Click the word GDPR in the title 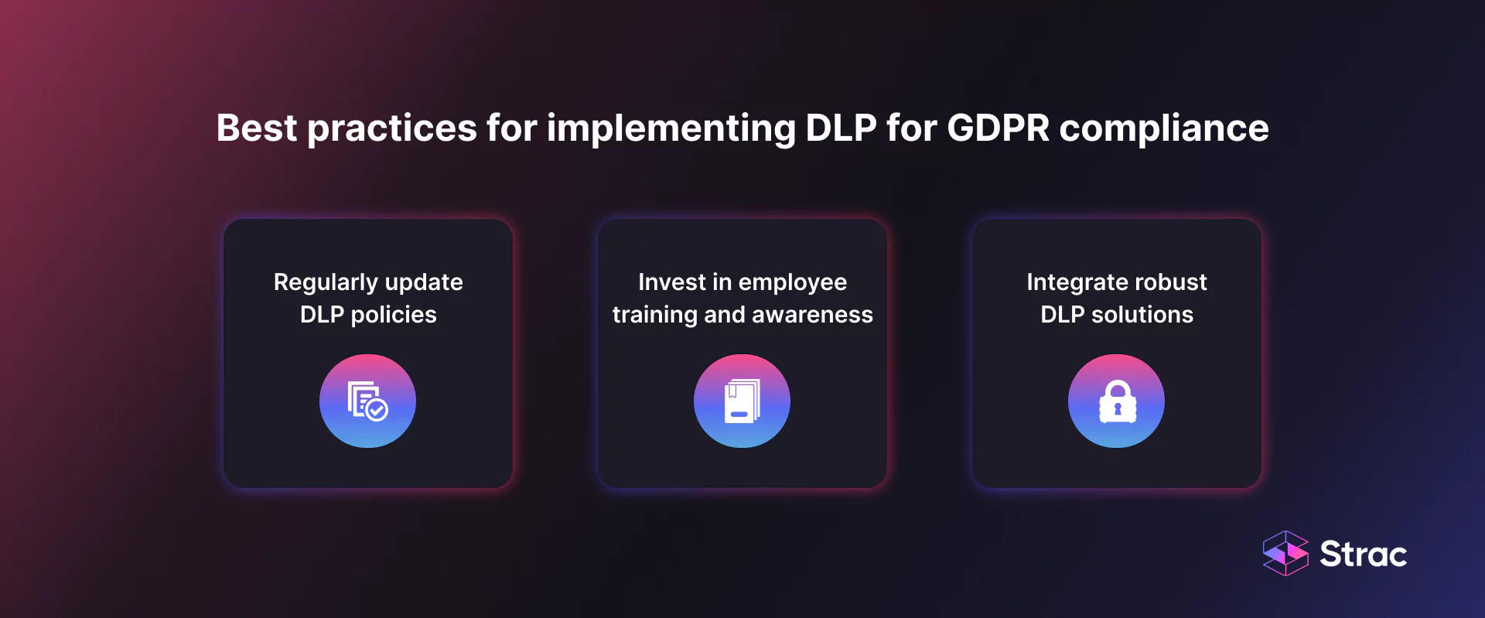(x=998, y=128)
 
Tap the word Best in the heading (x=256, y=128)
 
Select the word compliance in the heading (x=1163, y=128)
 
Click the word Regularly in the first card (x=325, y=283)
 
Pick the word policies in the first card (x=393, y=316)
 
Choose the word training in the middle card (x=654, y=316)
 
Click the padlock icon (x=1117, y=401)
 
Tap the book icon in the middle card (x=742, y=401)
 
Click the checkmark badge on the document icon (x=377, y=410)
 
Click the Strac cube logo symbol (x=1285, y=553)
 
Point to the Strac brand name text (x=1363, y=554)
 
